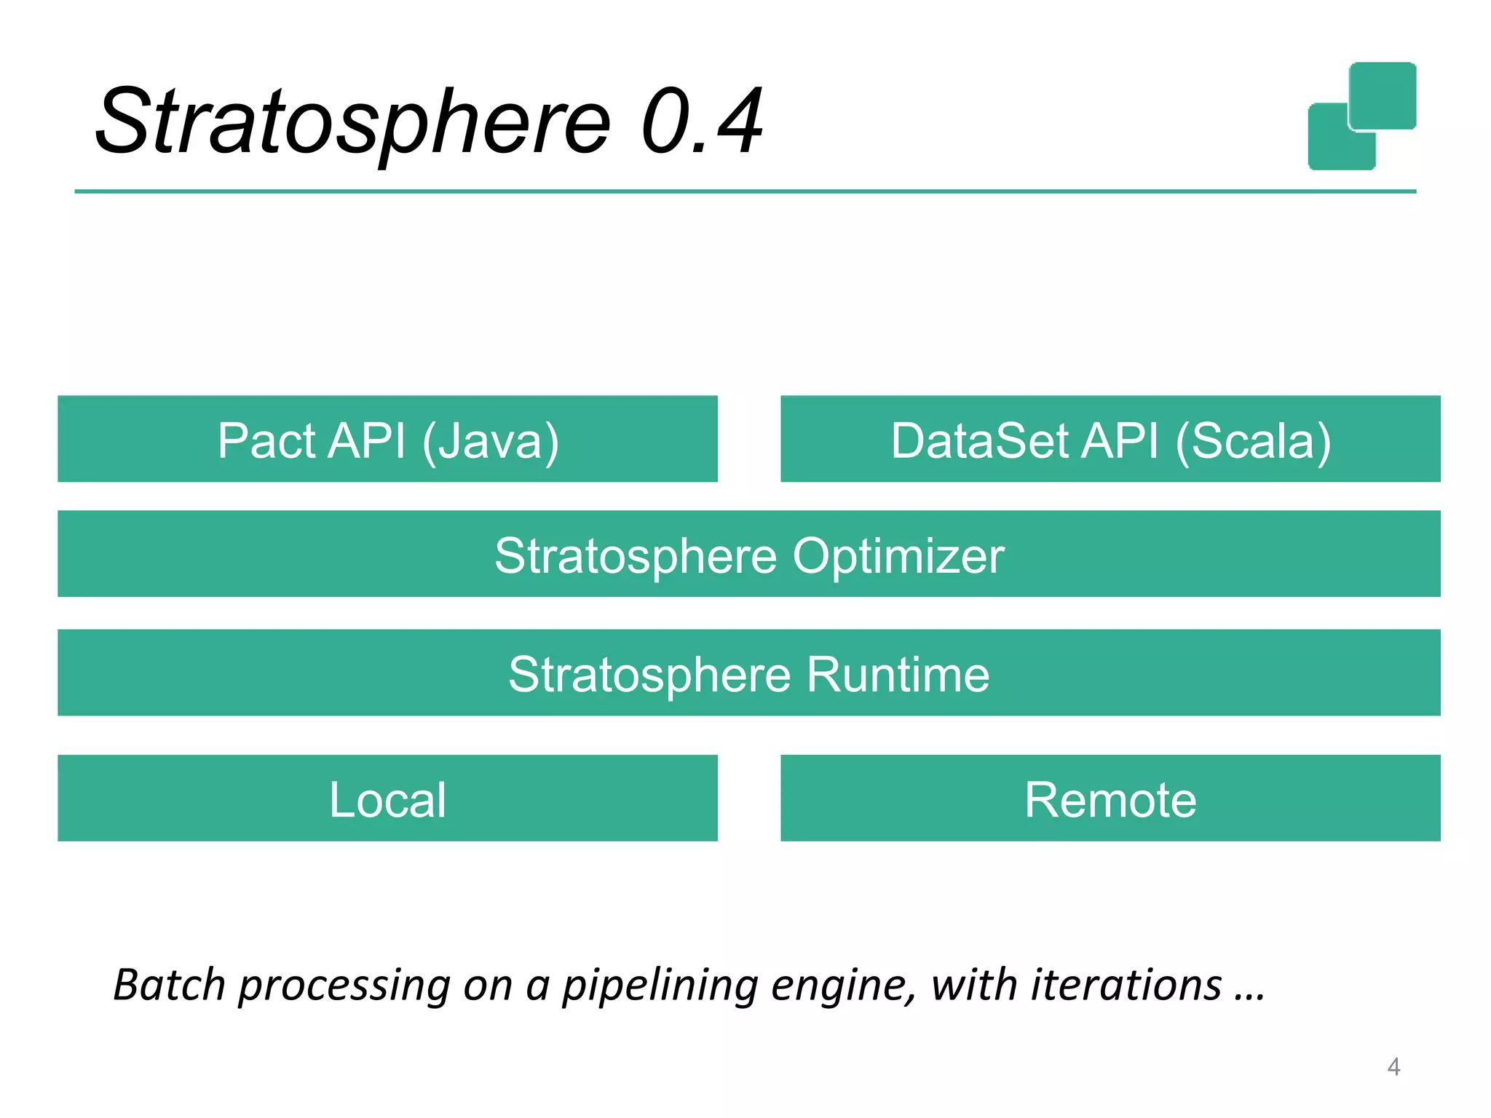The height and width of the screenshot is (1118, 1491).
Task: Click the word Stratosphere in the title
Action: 353,122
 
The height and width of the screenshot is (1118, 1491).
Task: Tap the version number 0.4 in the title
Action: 702,122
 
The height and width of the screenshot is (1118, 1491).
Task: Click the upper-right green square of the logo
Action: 1383,95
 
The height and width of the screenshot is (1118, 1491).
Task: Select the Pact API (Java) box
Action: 387,439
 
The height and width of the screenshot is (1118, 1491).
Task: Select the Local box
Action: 387,798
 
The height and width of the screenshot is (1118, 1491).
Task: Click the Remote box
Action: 1110,798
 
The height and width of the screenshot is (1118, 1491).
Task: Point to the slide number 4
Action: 1393,1067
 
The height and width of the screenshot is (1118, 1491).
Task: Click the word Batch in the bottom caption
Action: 169,986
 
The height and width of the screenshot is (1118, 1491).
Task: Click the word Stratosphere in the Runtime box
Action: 649,674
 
